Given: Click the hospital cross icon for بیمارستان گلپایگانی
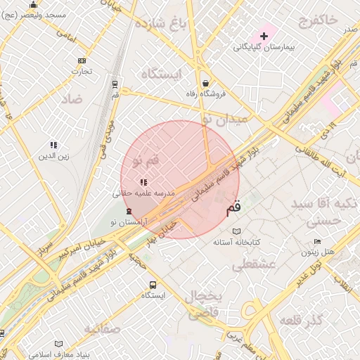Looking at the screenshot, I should tap(264, 35).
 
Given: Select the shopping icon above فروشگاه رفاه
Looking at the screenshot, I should tap(205, 83).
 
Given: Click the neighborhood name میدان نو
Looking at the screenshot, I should tap(225, 120).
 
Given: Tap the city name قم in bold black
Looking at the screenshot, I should tap(233, 209).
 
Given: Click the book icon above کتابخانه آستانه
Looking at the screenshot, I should tap(237, 231).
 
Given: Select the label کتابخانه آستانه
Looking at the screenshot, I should tap(238, 242).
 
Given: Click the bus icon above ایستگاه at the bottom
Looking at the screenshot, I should tap(153, 285).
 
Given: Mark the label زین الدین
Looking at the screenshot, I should tap(54, 156).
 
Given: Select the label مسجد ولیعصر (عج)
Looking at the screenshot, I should tap(34, 15).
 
